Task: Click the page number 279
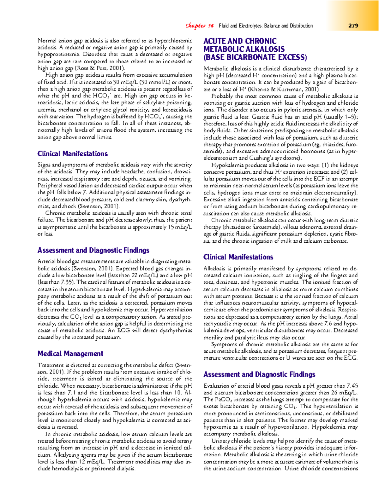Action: coord(353,26)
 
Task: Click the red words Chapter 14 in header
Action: coord(199,26)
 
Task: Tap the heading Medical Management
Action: coord(70,354)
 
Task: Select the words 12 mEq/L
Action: coord(91,462)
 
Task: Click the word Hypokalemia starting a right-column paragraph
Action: coord(226,165)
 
